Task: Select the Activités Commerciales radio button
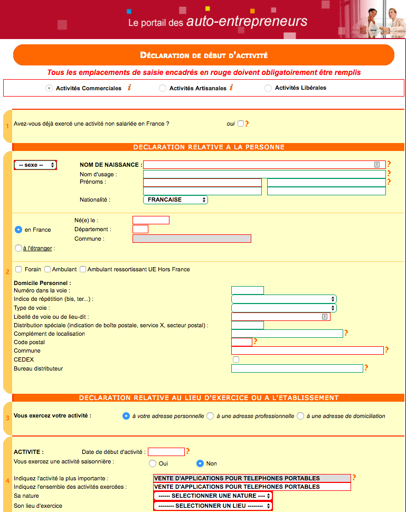pyautogui.click(x=49, y=88)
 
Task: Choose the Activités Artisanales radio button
pyautogui.click(x=163, y=88)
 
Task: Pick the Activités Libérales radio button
pyautogui.click(x=268, y=88)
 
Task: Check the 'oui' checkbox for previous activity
pyautogui.click(x=241, y=124)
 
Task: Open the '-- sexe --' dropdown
pyautogui.click(x=35, y=165)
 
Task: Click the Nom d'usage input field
pyautogui.click(x=264, y=174)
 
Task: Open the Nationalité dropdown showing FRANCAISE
pyautogui.click(x=175, y=200)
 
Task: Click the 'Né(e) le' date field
pyautogui.click(x=151, y=220)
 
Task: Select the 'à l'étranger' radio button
pyautogui.click(x=18, y=248)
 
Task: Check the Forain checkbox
pyautogui.click(x=18, y=269)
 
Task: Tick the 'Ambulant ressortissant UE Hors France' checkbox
pyautogui.click(x=83, y=269)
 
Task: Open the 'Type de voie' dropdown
pyautogui.click(x=284, y=308)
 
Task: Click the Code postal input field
pyautogui.click(x=242, y=342)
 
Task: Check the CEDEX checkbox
pyautogui.click(x=236, y=359)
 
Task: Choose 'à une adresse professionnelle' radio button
pyautogui.click(x=210, y=416)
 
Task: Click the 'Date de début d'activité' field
pyautogui.click(x=166, y=452)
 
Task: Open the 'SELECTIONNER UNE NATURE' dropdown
pyautogui.click(x=213, y=496)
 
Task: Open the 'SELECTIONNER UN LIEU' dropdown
pyautogui.click(x=213, y=506)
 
